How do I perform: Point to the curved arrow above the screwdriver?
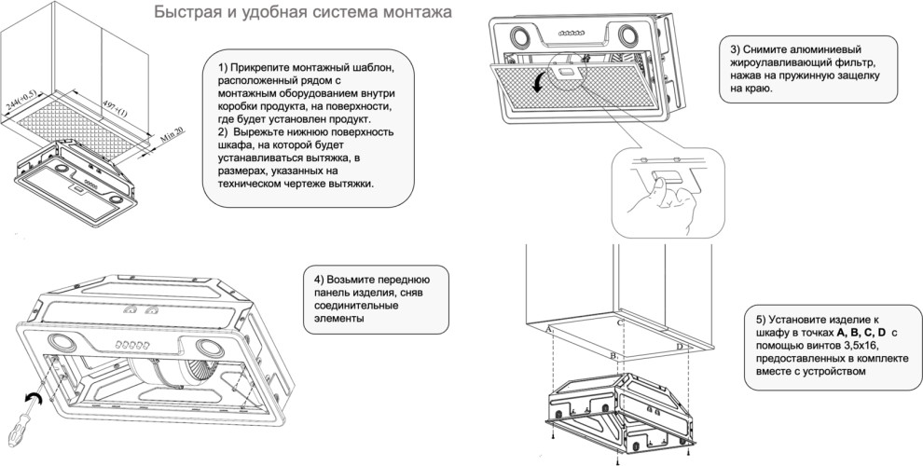click(34, 401)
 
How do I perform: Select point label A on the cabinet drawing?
click(549, 330)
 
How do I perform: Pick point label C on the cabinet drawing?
click(620, 322)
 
